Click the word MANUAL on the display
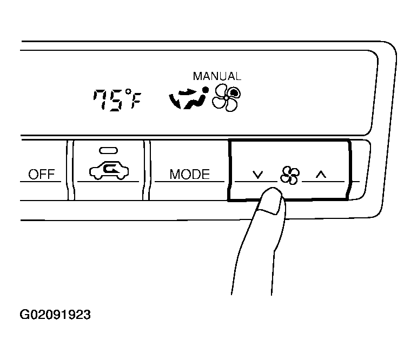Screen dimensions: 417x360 (217, 76)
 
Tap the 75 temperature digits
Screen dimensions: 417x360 (109, 99)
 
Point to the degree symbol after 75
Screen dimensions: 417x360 (129, 92)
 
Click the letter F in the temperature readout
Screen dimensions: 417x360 (136, 101)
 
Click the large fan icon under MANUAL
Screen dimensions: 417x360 (226, 98)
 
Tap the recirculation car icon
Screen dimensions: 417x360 (109, 171)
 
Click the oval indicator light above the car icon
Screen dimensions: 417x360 (109, 150)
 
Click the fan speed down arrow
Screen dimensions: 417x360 (257, 175)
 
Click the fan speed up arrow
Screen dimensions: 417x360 (321, 175)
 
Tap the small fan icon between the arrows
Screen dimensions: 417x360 (290, 175)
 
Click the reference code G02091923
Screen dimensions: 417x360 (55, 315)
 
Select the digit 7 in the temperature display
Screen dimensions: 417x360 (100, 99)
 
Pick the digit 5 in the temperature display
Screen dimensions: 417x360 (116, 100)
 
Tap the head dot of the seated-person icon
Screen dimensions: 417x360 (206, 90)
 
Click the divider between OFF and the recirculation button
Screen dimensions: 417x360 (70, 170)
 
